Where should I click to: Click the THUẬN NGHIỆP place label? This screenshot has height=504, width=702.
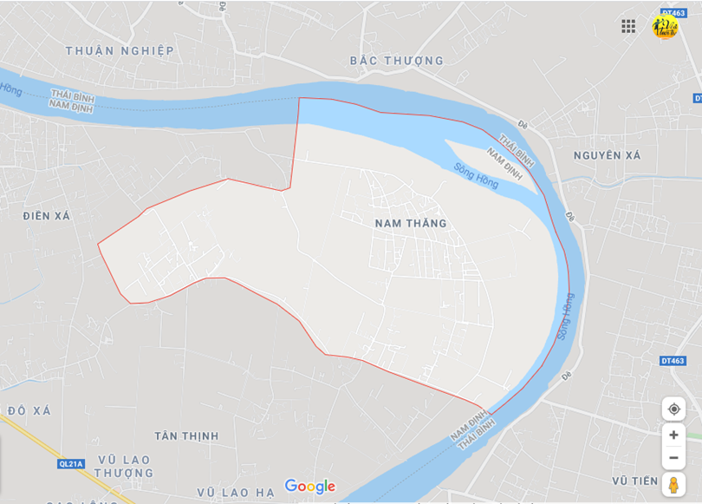(x=120, y=50)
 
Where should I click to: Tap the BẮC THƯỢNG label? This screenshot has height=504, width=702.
(x=396, y=61)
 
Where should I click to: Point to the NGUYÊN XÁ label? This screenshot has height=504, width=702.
(x=607, y=155)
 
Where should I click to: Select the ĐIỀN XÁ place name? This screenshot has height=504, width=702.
(x=47, y=215)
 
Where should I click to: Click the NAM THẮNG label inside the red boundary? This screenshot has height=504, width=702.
(x=411, y=223)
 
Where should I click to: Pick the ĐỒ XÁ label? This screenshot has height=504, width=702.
(x=29, y=409)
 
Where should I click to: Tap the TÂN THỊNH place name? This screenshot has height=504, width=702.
(x=186, y=435)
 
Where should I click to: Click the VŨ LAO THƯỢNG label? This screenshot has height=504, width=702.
(x=124, y=466)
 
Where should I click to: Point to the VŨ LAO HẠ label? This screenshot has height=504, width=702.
(x=236, y=493)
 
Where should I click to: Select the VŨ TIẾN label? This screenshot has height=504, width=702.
(x=634, y=481)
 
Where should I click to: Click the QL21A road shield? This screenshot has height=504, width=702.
(x=71, y=464)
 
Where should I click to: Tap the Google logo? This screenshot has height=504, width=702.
(x=309, y=486)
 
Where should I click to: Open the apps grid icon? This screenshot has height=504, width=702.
(x=628, y=26)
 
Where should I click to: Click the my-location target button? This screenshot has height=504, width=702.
(x=673, y=409)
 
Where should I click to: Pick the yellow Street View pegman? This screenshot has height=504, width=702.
(x=673, y=484)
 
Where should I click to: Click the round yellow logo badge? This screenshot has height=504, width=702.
(x=665, y=26)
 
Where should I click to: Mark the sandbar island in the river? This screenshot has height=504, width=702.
(x=490, y=156)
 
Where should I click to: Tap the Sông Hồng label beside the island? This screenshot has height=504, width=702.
(x=476, y=177)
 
